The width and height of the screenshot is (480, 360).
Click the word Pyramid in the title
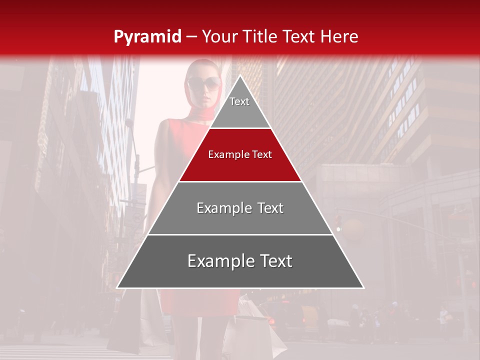[147, 37]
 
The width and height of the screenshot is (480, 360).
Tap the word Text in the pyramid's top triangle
[239, 101]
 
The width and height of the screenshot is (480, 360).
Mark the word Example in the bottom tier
[218, 261]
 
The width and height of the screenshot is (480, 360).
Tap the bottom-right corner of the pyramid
[363, 287]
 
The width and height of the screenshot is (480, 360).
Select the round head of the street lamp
[129, 123]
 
